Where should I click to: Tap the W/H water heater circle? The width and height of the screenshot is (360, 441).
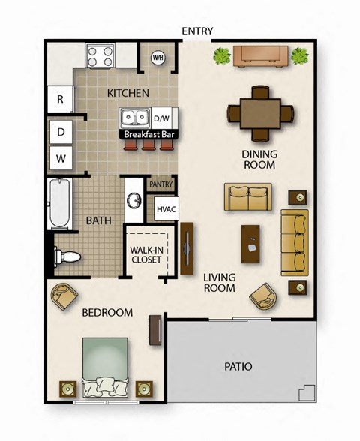pos(158,57)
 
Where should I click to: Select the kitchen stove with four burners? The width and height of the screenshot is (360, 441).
pos(100,56)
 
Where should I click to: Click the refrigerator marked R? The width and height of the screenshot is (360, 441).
pos(59,99)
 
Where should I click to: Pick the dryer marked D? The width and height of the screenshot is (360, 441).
pos(59,133)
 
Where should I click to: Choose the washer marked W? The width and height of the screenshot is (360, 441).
pos(59,158)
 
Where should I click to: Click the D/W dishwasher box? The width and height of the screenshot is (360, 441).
pos(161,118)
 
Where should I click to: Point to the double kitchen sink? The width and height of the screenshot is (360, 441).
pos(136,118)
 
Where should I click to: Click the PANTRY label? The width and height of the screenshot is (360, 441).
pos(161,184)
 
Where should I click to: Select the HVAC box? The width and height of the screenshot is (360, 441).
pos(165,208)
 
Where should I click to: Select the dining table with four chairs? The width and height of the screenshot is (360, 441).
pos(254,113)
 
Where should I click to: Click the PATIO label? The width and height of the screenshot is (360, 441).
pos(238,367)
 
